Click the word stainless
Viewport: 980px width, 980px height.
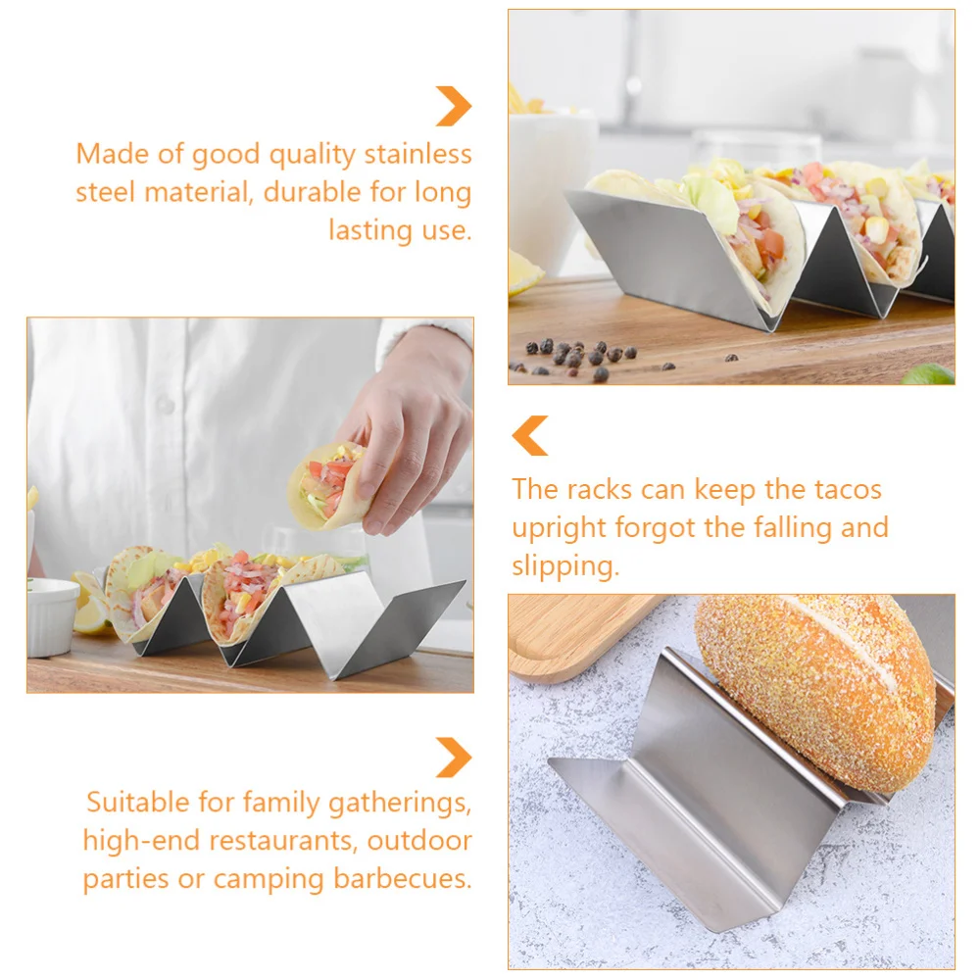point(418,155)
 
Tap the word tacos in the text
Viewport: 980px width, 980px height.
point(848,489)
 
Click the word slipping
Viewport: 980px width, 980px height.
point(564,566)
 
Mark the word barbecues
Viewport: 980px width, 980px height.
point(403,878)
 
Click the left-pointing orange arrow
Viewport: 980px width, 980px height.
point(530,436)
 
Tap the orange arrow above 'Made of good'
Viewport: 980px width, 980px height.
point(454,106)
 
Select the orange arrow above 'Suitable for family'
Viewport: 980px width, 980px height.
point(454,758)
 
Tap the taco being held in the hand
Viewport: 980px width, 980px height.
point(328,485)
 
